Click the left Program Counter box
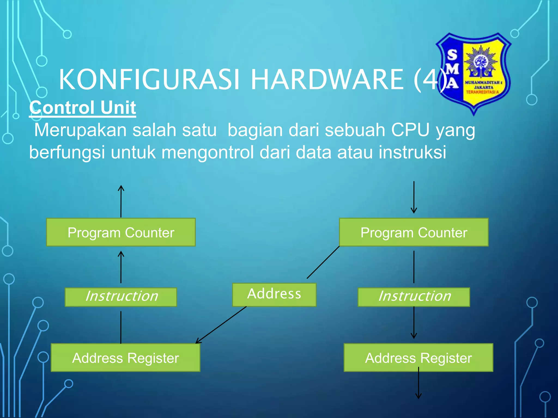tap(121, 232)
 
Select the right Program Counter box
tap(414, 232)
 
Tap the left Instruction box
tap(121, 297)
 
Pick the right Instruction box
tap(414, 297)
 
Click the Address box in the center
tap(274, 294)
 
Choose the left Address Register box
tap(125, 358)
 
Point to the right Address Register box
tap(418, 358)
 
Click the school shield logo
tap(474, 73)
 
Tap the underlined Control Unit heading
tap(83, 107)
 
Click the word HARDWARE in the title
tap(327, 79)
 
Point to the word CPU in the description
tap(410, 130)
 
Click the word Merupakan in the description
tap(80, 130)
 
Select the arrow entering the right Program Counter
tap(414, 197)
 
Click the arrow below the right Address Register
tap(418, 384)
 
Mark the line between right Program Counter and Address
tap(323, 262)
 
